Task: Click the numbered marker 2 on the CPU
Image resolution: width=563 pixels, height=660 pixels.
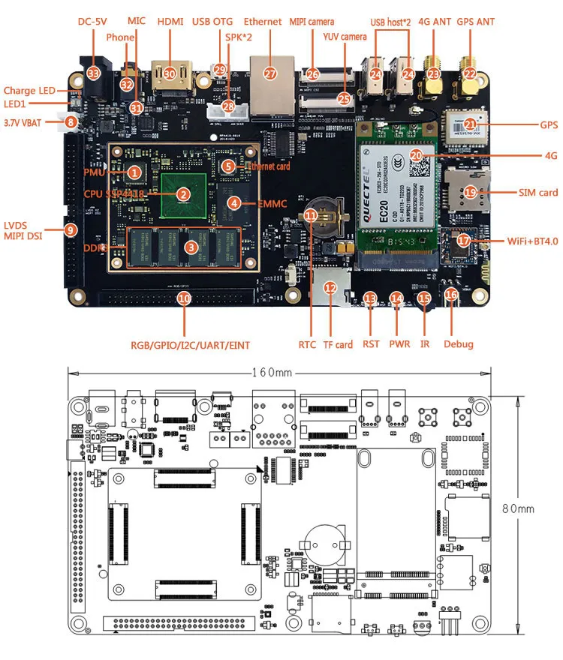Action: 182,193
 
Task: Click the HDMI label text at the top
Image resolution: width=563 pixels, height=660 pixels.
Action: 170,22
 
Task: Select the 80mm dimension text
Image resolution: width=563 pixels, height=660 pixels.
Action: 518,508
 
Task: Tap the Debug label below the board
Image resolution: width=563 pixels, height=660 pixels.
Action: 458,344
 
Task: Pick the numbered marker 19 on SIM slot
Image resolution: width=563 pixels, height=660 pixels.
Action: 470,193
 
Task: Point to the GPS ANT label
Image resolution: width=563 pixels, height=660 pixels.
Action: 475,22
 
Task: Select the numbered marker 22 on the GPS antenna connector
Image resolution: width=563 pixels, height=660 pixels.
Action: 470,73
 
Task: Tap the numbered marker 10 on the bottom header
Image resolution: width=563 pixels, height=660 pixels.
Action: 183,298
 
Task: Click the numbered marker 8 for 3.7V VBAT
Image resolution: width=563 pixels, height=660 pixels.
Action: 71,121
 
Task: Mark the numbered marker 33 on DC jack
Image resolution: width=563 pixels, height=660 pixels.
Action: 94,73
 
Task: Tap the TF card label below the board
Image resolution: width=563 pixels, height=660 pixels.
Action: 338,344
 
